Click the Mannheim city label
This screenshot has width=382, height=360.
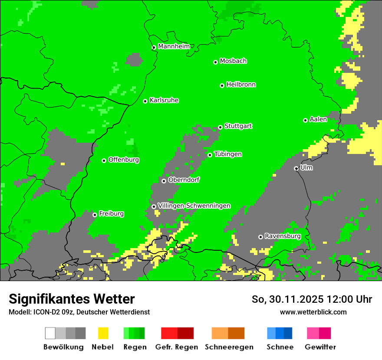pyautogui.click(x=174, y=46)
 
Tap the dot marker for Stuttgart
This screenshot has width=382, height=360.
pyautogui.click(x=221, y=127)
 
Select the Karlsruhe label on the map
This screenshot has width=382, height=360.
pyautogui.click(x=164, y=100)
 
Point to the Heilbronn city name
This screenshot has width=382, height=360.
pyautogui.click(x=241, y=85)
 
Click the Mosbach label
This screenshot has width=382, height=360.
pyautogui.click(x=233, y=61)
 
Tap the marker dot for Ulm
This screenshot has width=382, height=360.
pyautogui.click(x=296, y=168)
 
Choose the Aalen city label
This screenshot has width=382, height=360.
pyautogui.click(x=318, y=119)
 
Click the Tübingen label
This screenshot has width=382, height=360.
pyautogui.click(x=228, y=154)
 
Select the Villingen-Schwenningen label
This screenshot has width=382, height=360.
pyautogui.click(x=194, y=206)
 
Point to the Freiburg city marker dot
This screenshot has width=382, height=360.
pyautogui.click(x=95, y=215)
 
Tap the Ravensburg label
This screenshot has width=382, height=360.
pyautogui.click(x=283, y=236)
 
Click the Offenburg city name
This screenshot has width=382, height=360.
pyautogui.click(x=124, y=160)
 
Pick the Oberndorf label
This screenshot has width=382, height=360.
pyautogui.click(x=184, y=180)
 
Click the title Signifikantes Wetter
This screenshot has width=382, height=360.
pyautogui.click(x=72, y=299)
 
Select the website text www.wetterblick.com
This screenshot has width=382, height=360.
pyautogui.click(x=313, y=312)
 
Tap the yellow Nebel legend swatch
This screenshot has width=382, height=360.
pyautogui.click(x=103, y=333)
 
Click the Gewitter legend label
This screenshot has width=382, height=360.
pyautogui.click(x=320, y=347)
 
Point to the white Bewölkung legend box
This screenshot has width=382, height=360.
pyautogui.click(x=50, y=333)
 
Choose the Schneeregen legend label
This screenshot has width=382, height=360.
pyautogui.click(x=229, y=347)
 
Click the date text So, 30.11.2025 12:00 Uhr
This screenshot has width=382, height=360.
pyautogui.click(x=312, y=299)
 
